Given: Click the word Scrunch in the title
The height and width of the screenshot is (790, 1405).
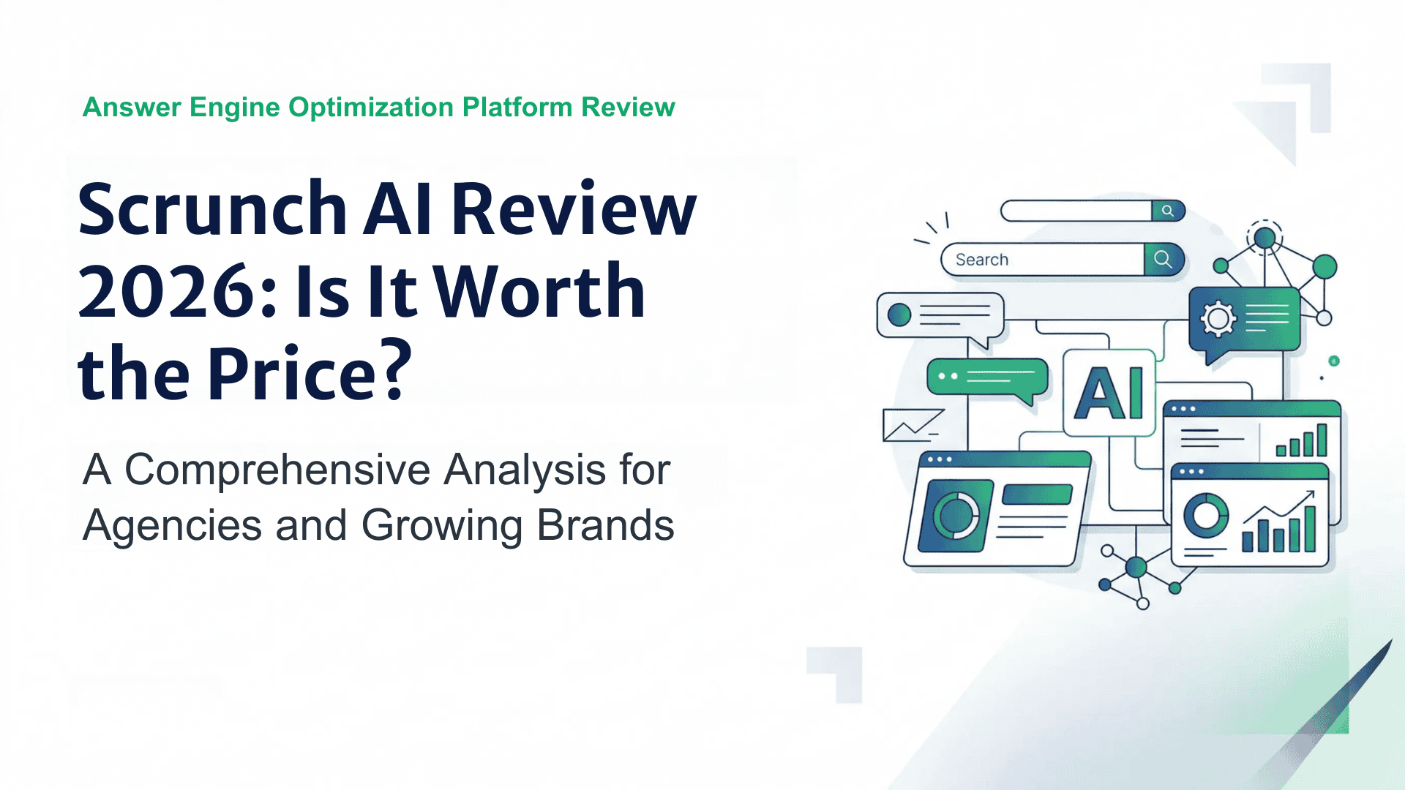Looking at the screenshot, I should pyautogui.click(x=212, y=210).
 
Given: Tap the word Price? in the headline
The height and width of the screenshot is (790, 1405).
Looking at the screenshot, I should pyautogui.click(x=310, y=374).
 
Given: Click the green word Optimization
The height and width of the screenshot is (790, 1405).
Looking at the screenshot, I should pyautogui.click(x=371, y=108).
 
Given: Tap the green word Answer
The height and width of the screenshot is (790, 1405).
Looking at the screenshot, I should pyautogui.click(x=132, y=108).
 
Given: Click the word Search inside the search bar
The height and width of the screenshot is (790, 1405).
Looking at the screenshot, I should pyautogui.click(x=981, y=260).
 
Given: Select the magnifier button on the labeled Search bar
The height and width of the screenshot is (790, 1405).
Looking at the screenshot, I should pyautogui.click(x=1163, y=259).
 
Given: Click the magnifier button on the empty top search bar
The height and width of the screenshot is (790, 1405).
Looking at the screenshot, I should pyautogui.click(x=1168, y=211).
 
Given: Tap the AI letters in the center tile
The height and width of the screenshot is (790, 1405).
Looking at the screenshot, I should pyautogui.click(x=1109, y=393).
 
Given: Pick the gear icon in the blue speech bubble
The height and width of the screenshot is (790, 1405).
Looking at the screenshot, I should pyautogui.click(x=1218, y=318).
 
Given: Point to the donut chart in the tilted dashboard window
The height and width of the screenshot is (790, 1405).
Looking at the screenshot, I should pyautogui.click(x=956, y=515).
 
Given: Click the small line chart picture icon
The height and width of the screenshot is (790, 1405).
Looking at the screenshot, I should pyautogui.click(x=912, y=425).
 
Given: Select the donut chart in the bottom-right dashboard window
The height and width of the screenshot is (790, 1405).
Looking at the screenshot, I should pyautogui.click(x=1206, y=515).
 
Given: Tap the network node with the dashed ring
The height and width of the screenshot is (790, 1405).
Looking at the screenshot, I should pyautogui.click(x=1264, y=237).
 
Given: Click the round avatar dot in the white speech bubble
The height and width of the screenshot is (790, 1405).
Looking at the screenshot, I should pyautogui.click(x=899, y=315).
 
